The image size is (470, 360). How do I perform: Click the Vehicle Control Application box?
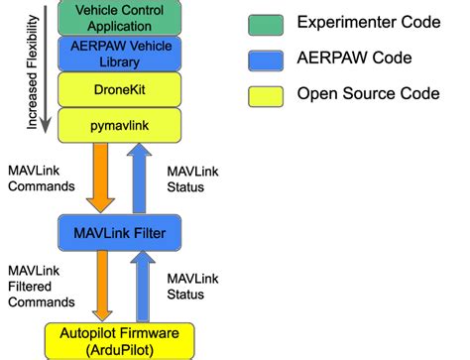pyautogui.click(x=120, y=17)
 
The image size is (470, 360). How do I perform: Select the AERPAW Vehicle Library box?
pyautogui.click(x=120, y=53)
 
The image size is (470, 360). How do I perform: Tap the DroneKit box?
pyautogui.click(x=120, y=89)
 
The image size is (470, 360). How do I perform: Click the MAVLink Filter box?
pyautogui.click(x=120, y=233)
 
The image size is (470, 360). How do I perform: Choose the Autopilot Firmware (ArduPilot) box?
pyautogui.click(x=120, y=340)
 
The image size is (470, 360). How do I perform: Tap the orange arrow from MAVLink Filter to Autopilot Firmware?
pyautogui.click(x=101, y=286)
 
